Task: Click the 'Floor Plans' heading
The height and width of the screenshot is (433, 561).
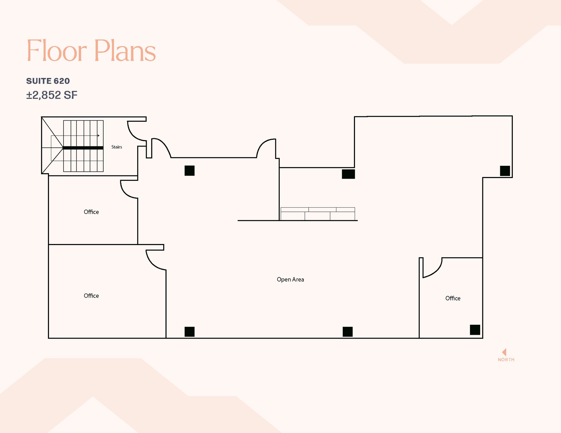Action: point(91,51)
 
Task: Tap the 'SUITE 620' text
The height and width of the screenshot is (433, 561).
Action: point(48,81)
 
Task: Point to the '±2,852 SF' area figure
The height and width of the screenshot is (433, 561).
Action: point(52,95)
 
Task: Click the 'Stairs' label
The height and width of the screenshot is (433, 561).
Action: point(116,147)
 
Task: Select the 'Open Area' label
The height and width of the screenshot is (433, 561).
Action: point(290,280)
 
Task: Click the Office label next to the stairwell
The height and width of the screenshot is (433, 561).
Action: point(91,212)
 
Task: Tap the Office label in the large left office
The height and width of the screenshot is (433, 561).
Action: point(91,296)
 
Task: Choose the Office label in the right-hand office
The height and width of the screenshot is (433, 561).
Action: point(453,298)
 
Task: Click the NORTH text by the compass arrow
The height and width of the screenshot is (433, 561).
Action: point(506,360)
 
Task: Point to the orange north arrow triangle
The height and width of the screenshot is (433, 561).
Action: point(504,352)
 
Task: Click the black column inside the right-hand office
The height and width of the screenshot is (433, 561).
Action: point(475,330)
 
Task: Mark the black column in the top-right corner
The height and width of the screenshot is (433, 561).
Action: point(505,171)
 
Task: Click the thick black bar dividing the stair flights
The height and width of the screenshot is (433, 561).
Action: point(83,148)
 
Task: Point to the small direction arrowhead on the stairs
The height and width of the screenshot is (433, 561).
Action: point(98,136)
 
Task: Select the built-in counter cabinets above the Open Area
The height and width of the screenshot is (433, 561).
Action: point(318,214)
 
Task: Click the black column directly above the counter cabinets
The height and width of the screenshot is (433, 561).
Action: point(348,174)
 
